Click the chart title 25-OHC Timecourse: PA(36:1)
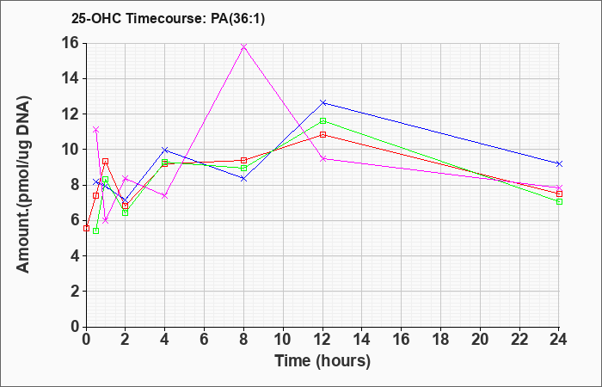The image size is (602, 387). pyautogui.click(x=169, y=19)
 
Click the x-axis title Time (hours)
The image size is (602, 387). pyautogui.click(x=322, y=361)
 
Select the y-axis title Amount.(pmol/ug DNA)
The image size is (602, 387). pyautogui.click(x=23, y=185)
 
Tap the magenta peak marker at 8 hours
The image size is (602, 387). pyautogui.click(x=243, y=46)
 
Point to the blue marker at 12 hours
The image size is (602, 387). pyautogui.click(x=322, y=103)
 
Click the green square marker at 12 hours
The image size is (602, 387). pyautogui.click(x=322, y=121)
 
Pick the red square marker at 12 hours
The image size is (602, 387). pyautogui.click(x=322, y=135)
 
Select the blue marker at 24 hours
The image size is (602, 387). pyautogui.click(x=559, y=164)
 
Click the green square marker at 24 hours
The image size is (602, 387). pyautogui.click(x=559, y=201)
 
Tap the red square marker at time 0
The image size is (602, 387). pyautogui.click(x=86, y=229)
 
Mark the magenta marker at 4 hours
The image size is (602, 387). pyautogui.click(x=165, y=196)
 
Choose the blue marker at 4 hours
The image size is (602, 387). pyautogui.click(x=165, y=150)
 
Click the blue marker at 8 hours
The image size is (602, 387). pyautogui.click(x=243, y=179)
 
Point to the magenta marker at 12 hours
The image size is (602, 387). pyautogui.click(x=322, y=158)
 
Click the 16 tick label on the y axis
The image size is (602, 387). pyautogui.click(x=71, y=43)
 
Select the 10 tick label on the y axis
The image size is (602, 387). pyautogui.click(x=71, y=150)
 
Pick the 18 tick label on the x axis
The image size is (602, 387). pyautogui.click(x=440, y=340)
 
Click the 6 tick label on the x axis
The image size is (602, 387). pyautogui.click(x=205, y=340)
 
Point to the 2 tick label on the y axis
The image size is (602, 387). pyautogui.click(x=76, y=292)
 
